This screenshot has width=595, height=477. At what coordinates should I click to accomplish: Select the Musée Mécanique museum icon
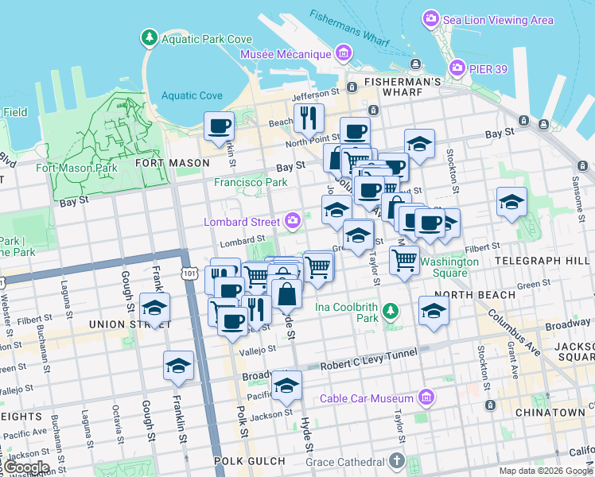(x=344, y=54)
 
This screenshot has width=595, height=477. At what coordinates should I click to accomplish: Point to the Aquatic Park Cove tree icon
(x=149, y=38)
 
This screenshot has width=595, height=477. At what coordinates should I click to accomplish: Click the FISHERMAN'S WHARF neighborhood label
(x=402, y=82)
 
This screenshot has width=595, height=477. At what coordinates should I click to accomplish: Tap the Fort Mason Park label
(x=76, y=168)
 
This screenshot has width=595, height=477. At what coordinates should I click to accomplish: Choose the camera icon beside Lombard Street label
(x=293, y=220)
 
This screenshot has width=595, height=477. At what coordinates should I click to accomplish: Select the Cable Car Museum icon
(x=426, y=397)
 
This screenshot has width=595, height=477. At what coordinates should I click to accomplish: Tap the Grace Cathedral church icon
(x=397, y=461)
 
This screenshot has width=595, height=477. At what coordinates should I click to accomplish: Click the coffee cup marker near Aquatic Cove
(x=220, y=126)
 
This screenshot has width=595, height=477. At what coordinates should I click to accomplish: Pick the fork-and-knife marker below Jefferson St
(x=308, y=118)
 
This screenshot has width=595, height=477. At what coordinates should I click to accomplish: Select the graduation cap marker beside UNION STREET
(x=154, y=308)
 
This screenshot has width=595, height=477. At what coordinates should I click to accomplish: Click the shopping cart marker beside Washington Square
(x=405, y=259)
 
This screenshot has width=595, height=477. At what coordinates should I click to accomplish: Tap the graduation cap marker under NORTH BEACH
(x=434, y=311)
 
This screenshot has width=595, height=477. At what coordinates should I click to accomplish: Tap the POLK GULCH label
(x=250, y=461)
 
